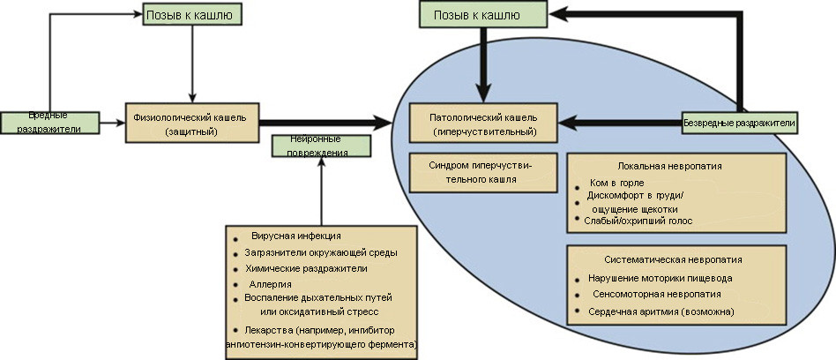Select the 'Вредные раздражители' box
[47, 123]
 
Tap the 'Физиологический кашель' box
[190, 123]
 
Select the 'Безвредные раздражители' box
[740, 124]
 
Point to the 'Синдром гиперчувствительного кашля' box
[483, 171]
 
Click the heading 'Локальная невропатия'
[677, 165]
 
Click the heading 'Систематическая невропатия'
[677, 260]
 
